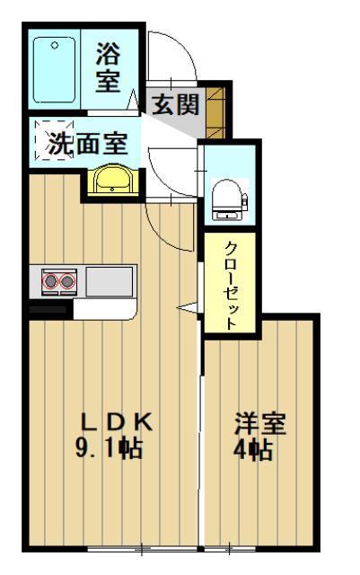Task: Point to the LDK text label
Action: tap(119, 421)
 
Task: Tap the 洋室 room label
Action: tap(260, 423)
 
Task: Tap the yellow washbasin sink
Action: tap(113, 180)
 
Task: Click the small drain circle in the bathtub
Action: tap(53, 44)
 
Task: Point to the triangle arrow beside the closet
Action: tap(187, 308)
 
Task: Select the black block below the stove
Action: tap(50, 308)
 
